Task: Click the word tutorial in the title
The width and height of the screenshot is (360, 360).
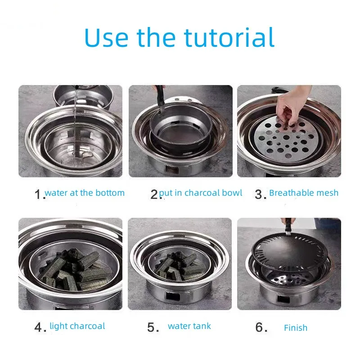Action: [x=229, y=37]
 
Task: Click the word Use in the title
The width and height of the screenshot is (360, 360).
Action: [x=106, y=37]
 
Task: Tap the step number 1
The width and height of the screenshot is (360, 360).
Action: [x=39, y=194]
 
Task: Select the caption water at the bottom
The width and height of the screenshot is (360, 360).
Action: [x=85, y=193]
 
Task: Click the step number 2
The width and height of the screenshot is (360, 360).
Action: [x=155, y=194]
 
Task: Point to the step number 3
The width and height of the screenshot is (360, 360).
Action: [x=261, y=194]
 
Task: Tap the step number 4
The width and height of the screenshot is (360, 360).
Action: [x=40, y=327]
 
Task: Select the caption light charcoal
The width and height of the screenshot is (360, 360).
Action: [x=77, y=326]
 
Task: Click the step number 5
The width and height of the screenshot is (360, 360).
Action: [x=153, y=327]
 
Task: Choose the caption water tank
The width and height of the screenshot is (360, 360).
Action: [x=189, y=326]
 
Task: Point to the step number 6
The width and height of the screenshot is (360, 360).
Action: [x=261, y=327]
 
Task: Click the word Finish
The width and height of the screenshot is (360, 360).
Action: [x=296, y=328]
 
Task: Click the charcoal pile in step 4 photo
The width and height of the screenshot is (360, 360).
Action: [x=73, y=270]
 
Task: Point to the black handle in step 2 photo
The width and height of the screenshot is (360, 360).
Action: [x=161, y=99]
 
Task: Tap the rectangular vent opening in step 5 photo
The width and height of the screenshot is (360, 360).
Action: [x=173, y=296]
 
